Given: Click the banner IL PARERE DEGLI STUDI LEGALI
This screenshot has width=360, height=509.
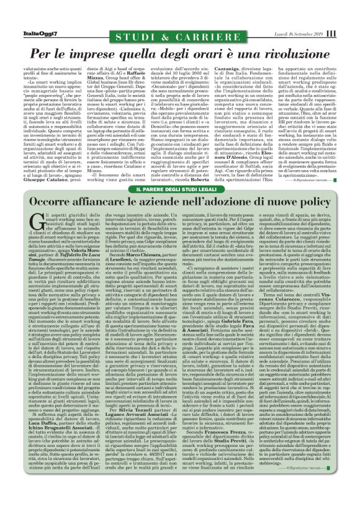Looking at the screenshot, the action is click(x=179, y=188).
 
